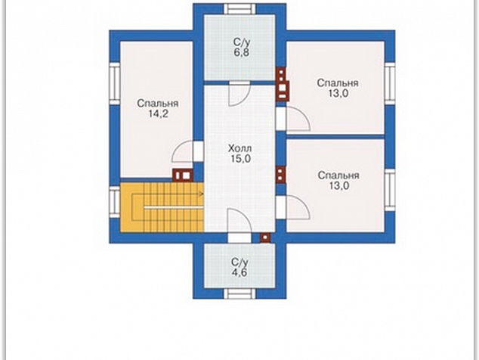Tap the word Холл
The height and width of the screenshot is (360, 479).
[239, 149]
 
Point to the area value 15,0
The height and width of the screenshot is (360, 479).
[239, 159]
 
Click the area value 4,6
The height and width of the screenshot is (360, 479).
[239, 272]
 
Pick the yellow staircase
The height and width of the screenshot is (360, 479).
[162, 207]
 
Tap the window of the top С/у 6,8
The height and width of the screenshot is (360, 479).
[239, 8]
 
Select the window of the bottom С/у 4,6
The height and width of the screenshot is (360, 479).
[239, 294]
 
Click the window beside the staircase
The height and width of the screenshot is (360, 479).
[115, 202]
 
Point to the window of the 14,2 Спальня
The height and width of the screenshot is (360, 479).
[115, 83]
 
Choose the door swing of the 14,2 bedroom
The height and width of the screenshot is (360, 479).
[182, 151]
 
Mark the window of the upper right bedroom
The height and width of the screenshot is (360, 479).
[390, 83]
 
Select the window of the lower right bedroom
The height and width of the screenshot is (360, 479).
[390, 190]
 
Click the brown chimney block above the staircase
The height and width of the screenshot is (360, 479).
[183, 175]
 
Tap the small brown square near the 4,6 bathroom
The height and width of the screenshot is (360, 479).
[265, 237]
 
